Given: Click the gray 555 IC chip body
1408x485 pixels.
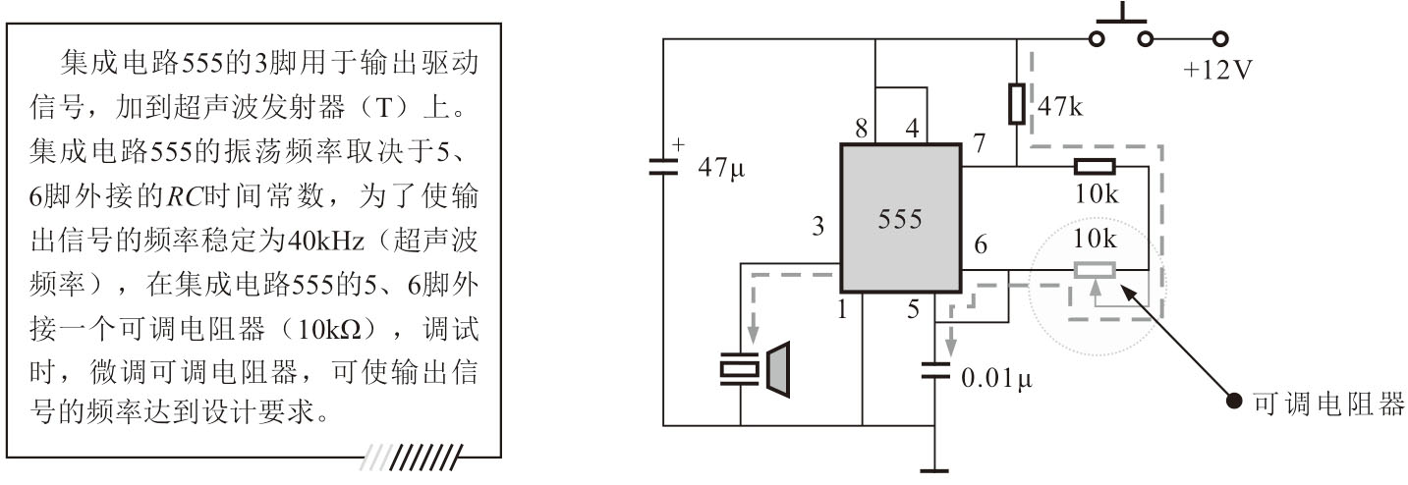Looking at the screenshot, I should [900, 219].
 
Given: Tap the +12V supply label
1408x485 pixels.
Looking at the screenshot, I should [1217, 72].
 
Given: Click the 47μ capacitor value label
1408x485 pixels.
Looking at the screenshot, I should [720, 168].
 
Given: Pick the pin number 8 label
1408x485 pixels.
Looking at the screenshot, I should [861, 129].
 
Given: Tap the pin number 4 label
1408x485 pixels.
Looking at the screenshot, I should [913, 129].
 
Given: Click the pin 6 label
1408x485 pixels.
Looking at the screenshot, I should [980, 244].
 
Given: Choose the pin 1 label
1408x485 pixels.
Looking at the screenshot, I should [841, 311].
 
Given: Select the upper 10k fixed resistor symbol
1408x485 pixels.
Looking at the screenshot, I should [1094, 167].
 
